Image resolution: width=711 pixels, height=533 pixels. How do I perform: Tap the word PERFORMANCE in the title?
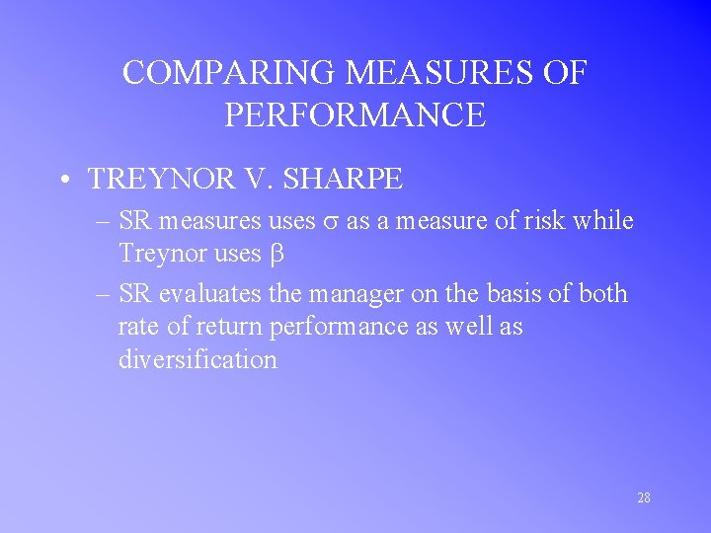click(355, 115)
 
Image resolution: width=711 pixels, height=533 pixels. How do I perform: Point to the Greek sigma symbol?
click(331, 222)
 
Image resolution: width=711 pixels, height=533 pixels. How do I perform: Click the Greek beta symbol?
click(276, 255)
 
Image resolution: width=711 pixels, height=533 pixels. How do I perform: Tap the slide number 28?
click(643, 497)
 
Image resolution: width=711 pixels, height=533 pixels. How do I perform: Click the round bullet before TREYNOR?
click(63, 180)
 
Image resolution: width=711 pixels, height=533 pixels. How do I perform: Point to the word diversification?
click(197, 359)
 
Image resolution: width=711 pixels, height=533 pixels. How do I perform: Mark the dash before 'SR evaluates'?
click(102, 293)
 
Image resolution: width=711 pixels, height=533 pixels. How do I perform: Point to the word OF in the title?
click(565, 74)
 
